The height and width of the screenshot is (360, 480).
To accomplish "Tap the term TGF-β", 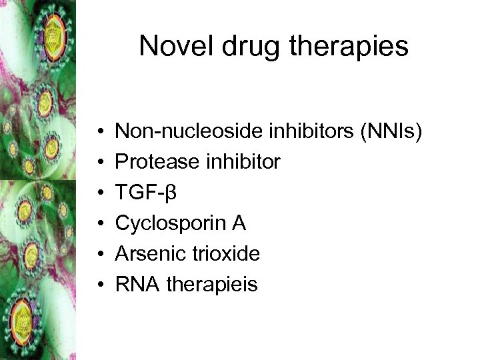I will tap(145, 193).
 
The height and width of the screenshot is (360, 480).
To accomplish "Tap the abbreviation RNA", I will tap(137, 285).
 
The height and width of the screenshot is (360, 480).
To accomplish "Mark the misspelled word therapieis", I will tap(211, 285).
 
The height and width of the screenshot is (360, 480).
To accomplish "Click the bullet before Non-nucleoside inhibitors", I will tap(98, 132).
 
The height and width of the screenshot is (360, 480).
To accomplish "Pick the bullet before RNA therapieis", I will tap(98, 285).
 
